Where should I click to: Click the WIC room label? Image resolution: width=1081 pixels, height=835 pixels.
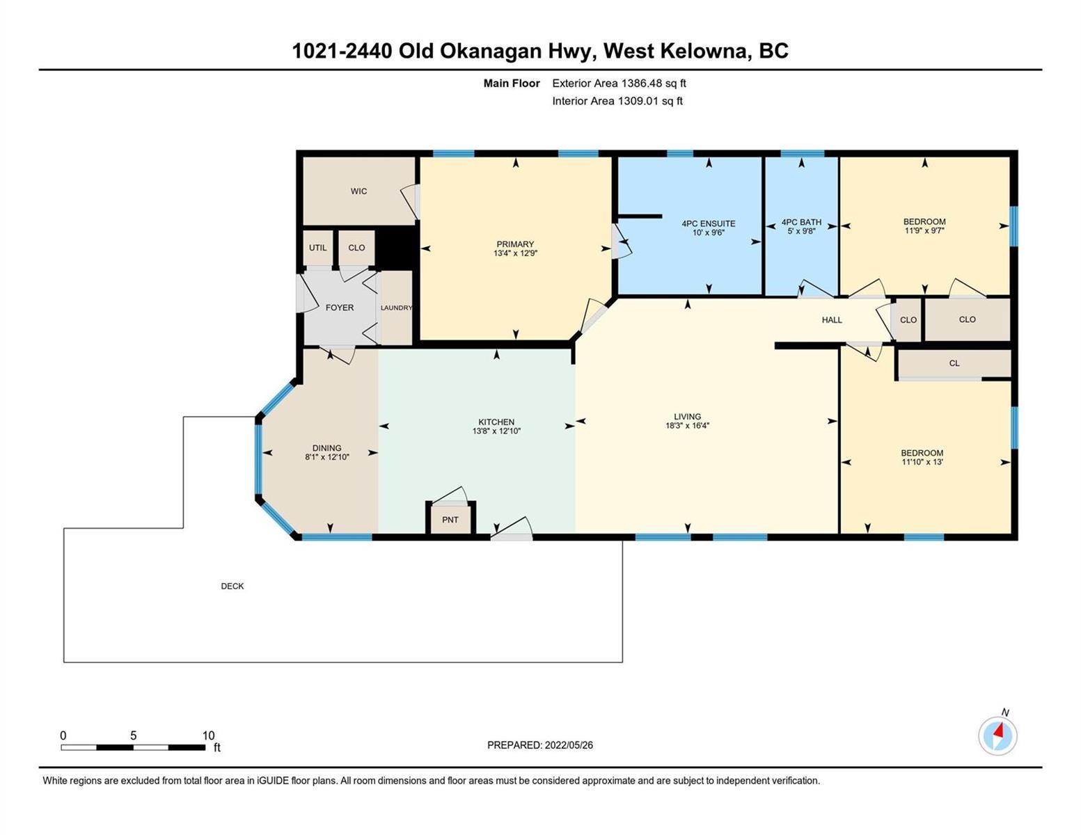358,191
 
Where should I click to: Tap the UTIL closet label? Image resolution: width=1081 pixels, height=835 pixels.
318,248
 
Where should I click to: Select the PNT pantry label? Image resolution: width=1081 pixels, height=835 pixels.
450,520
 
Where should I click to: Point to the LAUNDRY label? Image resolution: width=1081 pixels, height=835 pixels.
397,308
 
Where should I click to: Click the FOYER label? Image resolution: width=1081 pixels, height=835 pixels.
340,308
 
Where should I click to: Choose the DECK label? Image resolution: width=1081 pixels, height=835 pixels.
232,587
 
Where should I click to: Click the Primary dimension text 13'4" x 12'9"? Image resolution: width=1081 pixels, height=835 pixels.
515,253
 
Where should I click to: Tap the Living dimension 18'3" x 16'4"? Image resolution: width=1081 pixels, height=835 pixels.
687,426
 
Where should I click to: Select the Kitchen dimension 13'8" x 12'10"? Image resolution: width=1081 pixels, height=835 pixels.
496,431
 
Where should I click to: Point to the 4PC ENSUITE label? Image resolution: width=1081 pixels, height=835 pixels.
709,224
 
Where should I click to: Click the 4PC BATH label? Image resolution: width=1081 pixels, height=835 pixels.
801,222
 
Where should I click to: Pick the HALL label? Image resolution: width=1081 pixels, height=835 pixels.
832,320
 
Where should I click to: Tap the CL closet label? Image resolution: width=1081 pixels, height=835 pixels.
954,363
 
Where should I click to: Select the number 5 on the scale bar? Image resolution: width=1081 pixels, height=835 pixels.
134,735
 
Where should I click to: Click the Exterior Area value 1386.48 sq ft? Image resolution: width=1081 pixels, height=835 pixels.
654,83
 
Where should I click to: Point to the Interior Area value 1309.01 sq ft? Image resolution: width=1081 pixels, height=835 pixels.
650,102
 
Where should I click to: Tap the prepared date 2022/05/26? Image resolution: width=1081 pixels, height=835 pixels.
569,745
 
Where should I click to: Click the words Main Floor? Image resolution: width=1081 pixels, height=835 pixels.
512,83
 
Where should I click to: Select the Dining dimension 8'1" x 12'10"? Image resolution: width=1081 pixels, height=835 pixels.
327,457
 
